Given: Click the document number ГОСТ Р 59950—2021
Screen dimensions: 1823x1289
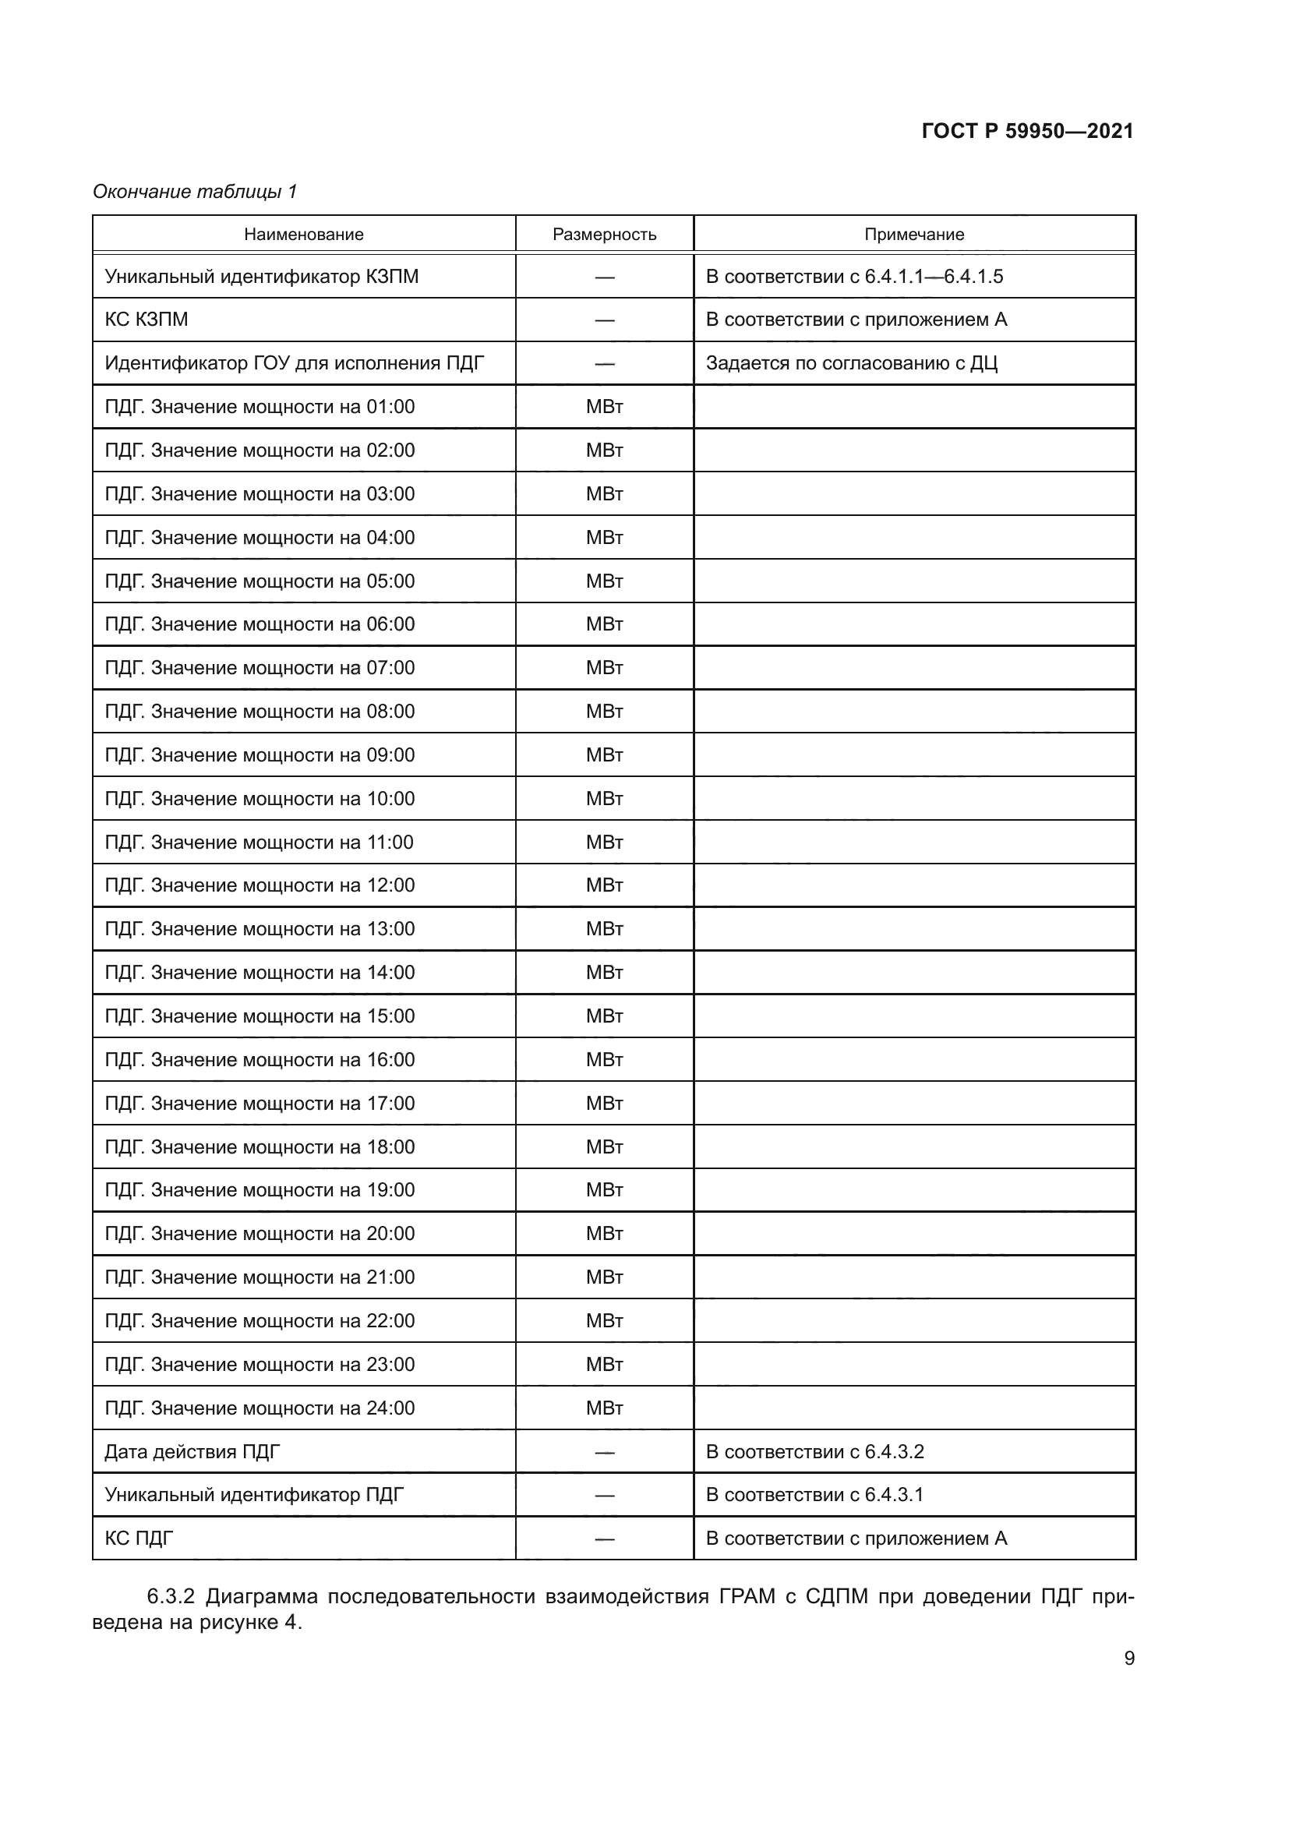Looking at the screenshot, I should click(1027, 131).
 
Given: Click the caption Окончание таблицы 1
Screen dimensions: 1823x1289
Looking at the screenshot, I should click(195, 192).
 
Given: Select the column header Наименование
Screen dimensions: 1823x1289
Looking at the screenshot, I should click(303, 235).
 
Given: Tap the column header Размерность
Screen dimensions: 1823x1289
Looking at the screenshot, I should click(604, 235).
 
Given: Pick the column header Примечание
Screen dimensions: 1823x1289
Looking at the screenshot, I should click(913, 235).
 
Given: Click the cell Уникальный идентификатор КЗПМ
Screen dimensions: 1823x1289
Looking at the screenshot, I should click(261, 277).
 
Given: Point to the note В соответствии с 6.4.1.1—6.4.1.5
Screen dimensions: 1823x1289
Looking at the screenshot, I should click(854, 277).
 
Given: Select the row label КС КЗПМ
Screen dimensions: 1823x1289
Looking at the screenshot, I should click(146, 320).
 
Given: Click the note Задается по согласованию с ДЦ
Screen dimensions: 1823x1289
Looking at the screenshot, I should click(851, 363).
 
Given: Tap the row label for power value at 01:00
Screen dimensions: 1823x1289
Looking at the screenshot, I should click(260, 407).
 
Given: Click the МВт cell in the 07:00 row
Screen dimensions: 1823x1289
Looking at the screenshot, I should click(604, 668).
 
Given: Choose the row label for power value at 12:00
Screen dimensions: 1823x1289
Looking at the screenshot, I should click(260, 885).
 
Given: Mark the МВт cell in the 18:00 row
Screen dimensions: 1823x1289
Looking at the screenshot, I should click(604, 1146).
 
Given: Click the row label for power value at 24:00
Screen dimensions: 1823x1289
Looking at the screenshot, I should click(260, 1408).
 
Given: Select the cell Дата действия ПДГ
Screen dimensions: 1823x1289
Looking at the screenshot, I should click(192, 1451).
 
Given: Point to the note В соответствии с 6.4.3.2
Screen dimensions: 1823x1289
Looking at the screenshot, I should click(814, 1451).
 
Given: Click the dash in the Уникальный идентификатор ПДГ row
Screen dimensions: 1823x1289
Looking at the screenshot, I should click(604, 1495).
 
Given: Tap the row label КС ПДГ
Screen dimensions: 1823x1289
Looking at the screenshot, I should click(139, 1538).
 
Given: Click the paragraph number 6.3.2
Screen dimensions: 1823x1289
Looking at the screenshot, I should click(171, 1597).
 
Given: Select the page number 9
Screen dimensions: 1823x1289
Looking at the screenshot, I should click(1128, 1659).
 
